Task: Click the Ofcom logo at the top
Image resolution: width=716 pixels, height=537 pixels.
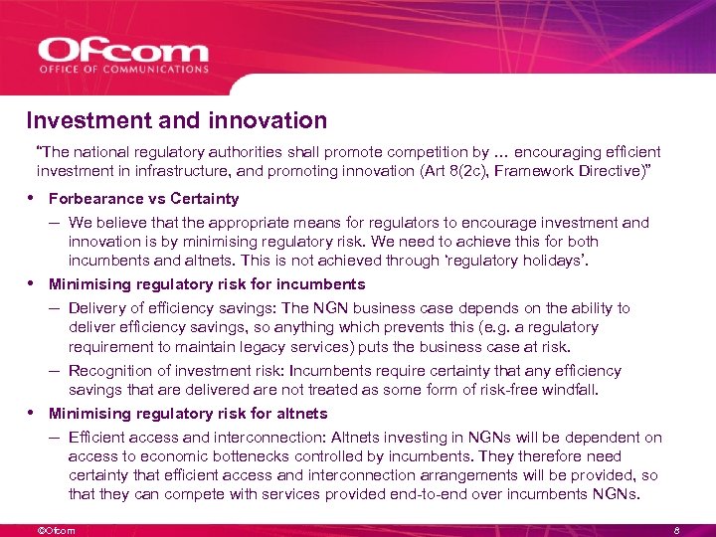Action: [x=123, y=50]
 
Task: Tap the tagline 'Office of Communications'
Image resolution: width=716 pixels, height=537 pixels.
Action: [x=123, y=70]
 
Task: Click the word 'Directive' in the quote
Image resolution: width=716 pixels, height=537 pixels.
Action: [x=618, y=171]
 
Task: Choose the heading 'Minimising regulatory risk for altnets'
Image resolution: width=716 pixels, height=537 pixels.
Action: [x=188, y=414]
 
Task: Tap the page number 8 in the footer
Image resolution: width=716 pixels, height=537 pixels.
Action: [x=675, y=530]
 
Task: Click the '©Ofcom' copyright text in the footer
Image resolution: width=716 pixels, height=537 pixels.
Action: [x=55, y=530]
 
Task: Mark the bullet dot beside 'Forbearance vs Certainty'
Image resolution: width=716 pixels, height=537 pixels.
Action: [x=33, y=198]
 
